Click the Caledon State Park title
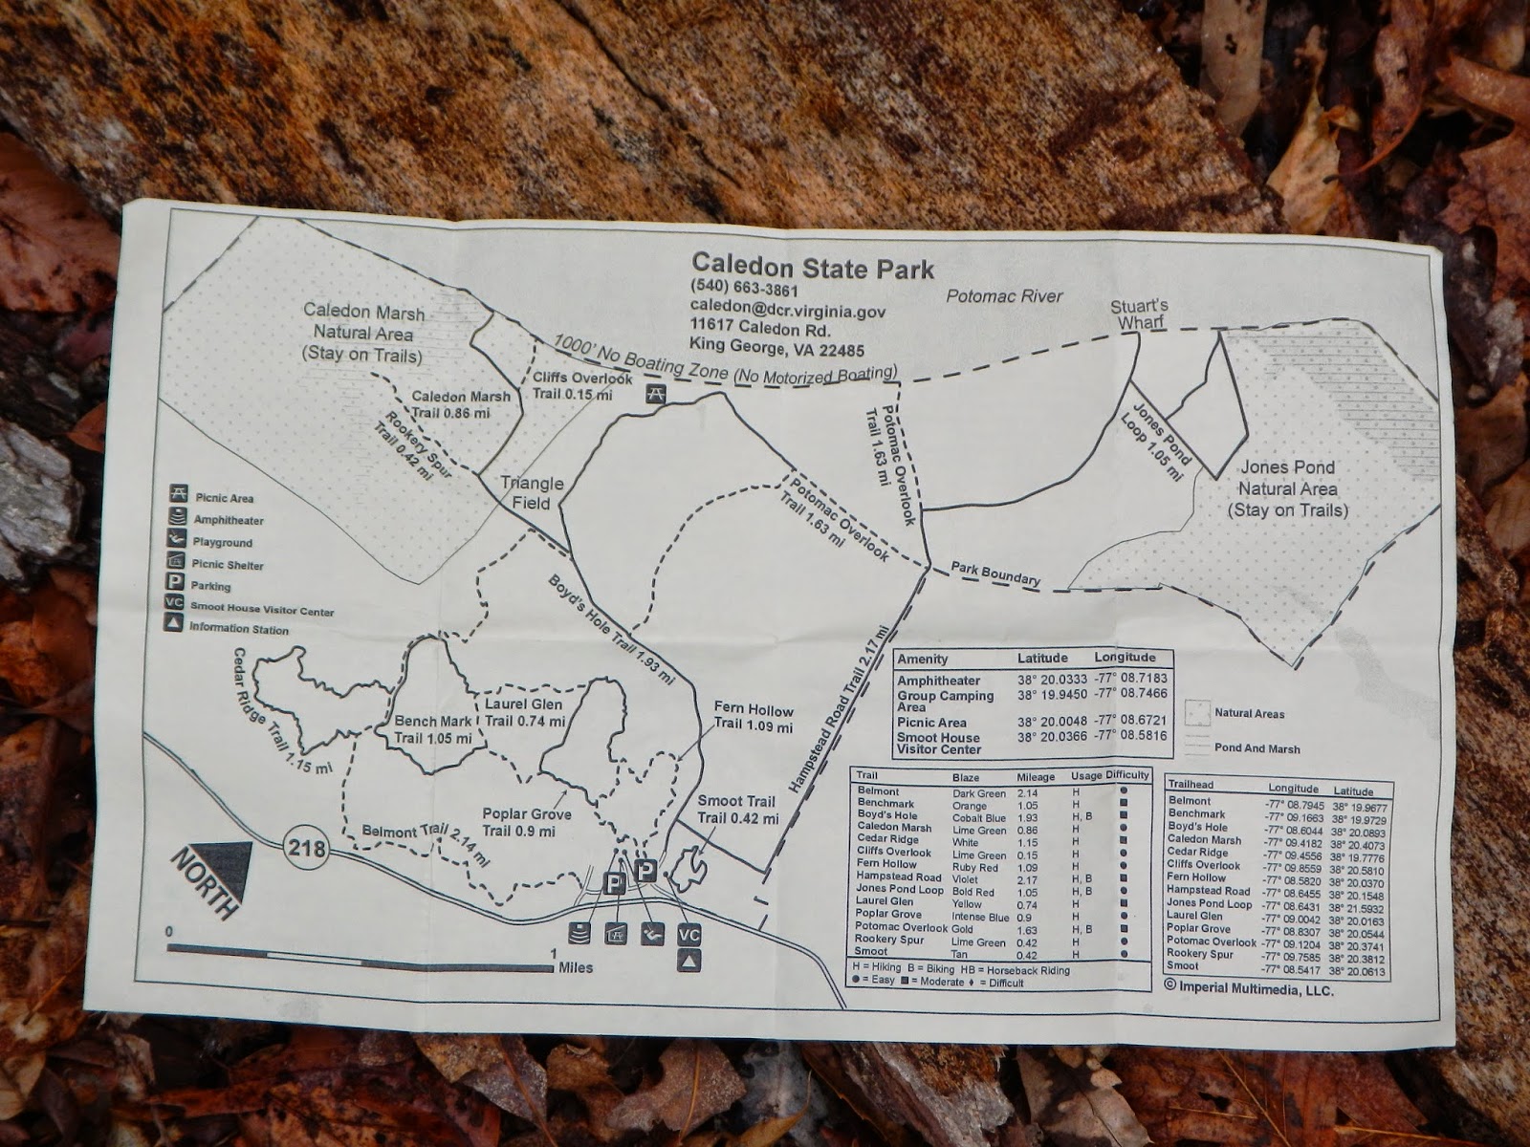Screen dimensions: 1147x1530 pyautogui.click(x=813, y=267)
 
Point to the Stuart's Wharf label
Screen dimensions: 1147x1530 pyautogui.click(x=1139, y=314)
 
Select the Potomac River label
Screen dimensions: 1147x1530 pyautogui.click(x=1004, y=296)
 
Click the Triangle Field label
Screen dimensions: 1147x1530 pyautogui.click(x=533, y=492)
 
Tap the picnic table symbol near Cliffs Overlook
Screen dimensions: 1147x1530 pyautogui.click(x=656, y=395)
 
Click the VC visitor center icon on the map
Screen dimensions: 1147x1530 pyautogui.click(x=688, y=934)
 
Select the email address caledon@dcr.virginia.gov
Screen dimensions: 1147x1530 pyautogui.click(x=788, y=311)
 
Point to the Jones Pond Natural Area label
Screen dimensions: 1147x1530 pyautogui.click(x=1287, y=488)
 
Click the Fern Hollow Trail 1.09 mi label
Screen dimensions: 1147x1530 pyautogui.click(x=754, y=718)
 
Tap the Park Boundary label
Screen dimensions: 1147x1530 pyautogui.click(x=994, y=573)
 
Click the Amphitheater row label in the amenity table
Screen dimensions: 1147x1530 pyautogui.click(x=938, y=681)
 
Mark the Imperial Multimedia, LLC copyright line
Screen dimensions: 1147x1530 pyautogui.click(x=1249, y=990)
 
